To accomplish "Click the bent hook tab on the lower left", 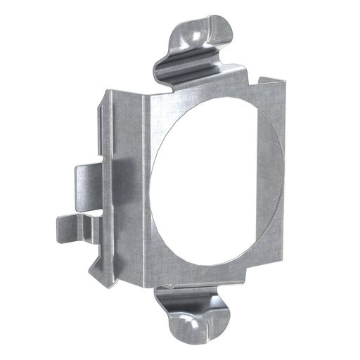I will point(74,225).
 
